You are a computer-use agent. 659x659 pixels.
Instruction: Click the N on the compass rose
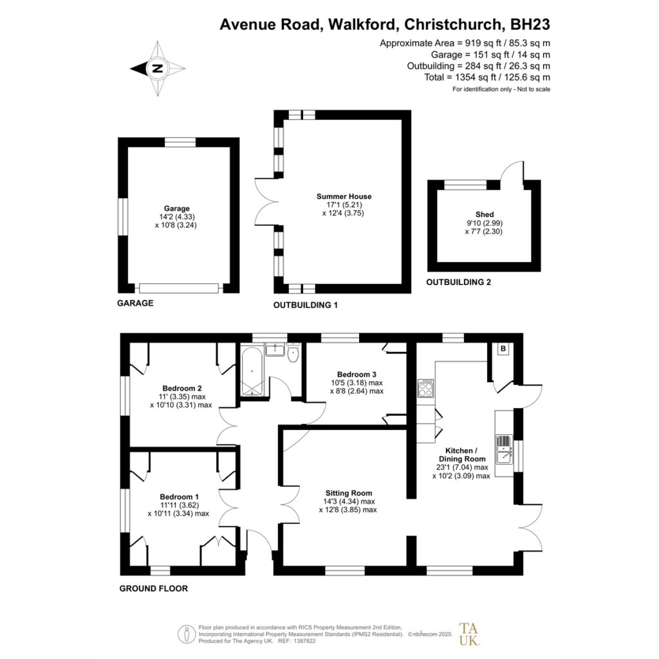point(158,68)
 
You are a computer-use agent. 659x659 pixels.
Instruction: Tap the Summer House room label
point(344,196)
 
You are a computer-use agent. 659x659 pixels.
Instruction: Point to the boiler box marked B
point(503,349)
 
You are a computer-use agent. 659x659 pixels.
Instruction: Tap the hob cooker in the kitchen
point(426,388)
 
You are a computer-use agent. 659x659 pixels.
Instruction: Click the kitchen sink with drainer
point(503,449)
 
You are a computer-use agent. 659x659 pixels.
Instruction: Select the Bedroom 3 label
point(357,375)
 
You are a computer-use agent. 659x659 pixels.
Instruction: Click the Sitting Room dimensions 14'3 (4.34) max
point(349,501)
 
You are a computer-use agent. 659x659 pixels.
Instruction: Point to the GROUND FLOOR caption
point(153,588)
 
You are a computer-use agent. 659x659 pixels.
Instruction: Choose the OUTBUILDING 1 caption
point(306,305)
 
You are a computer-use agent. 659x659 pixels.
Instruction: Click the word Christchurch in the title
point(452,24)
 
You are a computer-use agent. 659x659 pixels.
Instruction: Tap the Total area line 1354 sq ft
point(487,77)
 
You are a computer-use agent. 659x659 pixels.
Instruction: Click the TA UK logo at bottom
point(469,634)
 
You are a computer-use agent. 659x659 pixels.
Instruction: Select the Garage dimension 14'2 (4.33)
point(176,217)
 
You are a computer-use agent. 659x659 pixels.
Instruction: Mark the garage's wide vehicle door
point(179,288)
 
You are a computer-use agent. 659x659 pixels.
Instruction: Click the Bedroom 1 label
point(179,497)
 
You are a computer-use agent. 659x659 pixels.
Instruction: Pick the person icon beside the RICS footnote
point(186,634)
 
